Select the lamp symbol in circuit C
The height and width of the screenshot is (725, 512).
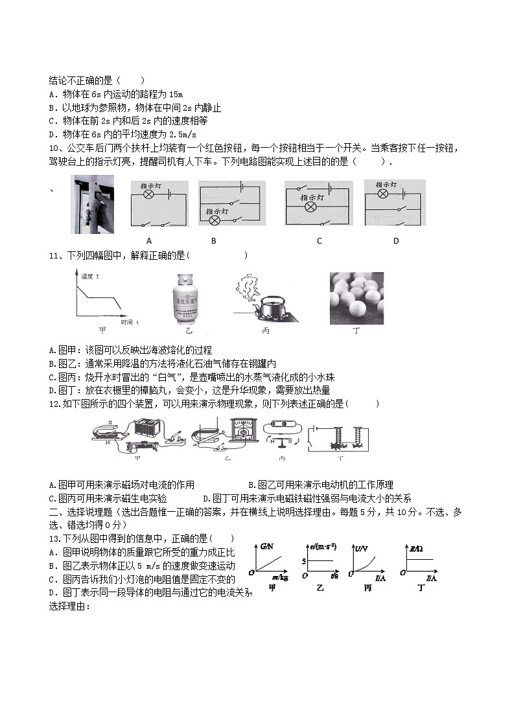coord(310,207)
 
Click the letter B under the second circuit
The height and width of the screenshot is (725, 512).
coord(213,241)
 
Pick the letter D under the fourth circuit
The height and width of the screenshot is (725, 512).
coord(396,241)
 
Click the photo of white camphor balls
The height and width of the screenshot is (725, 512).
coord(356,297)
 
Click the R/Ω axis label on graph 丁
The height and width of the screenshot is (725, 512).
coord(417,549)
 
